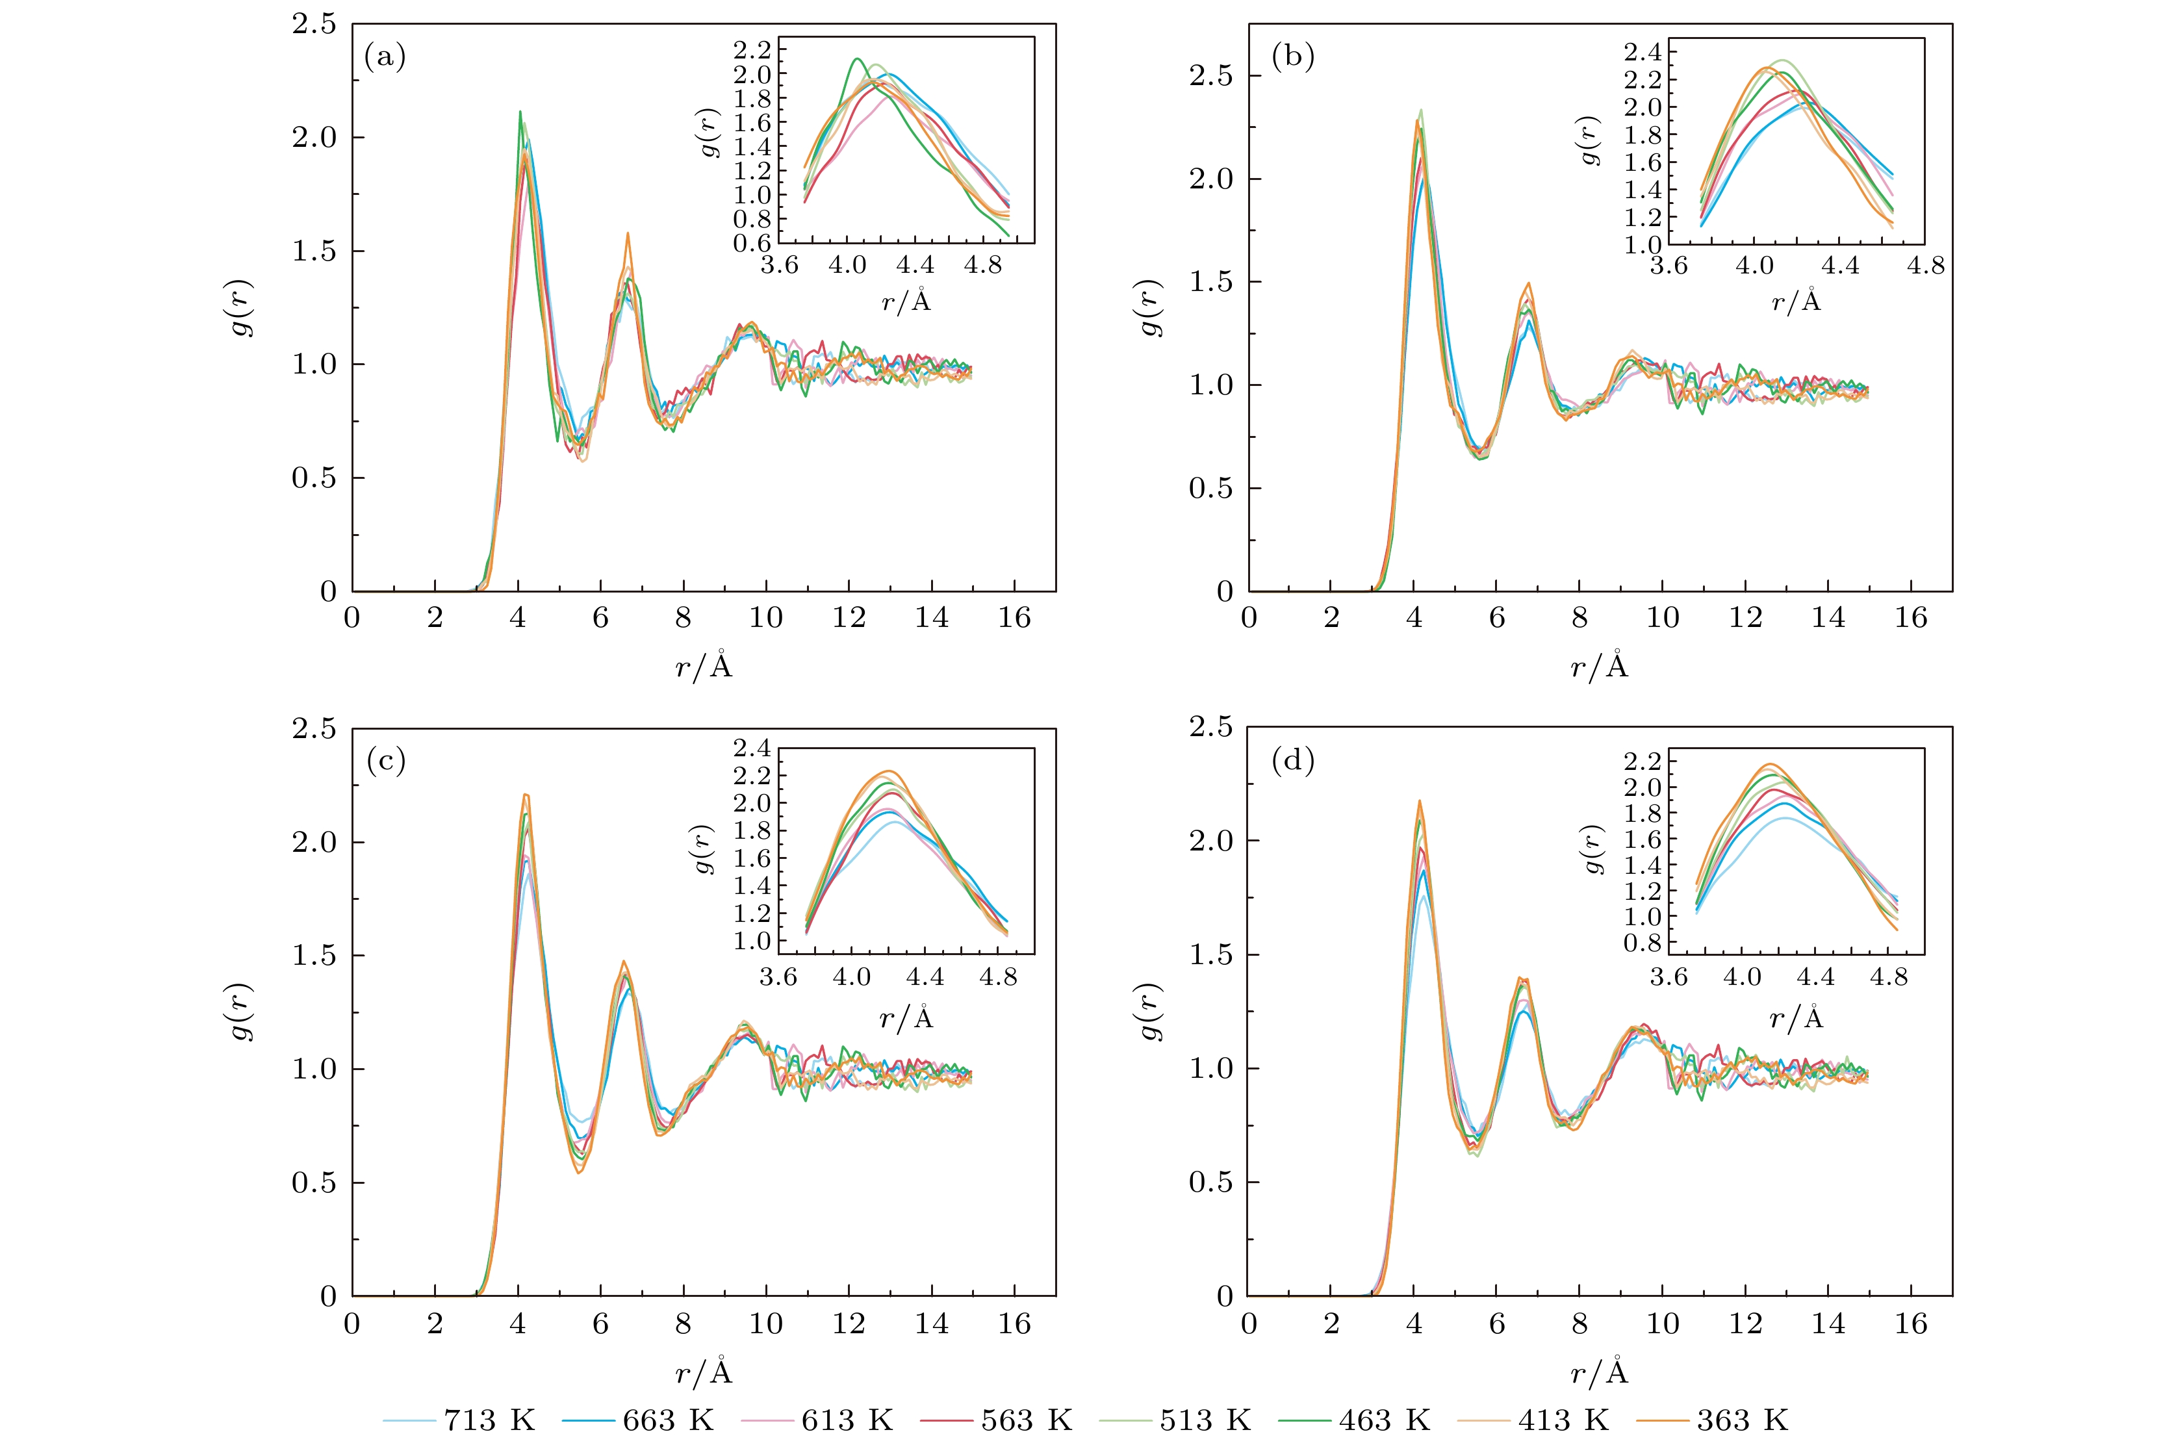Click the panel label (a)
point(385,57)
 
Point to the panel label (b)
point(1292,57)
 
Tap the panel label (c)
point(385,761)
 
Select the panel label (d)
point(1292,761)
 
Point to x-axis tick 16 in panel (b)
point(1910,617)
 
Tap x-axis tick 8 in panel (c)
point(683,1324)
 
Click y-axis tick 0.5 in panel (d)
point(1211,1183)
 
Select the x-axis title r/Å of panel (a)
point(703,665)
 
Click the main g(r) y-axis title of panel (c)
point(242,1012)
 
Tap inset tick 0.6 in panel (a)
point(752,243)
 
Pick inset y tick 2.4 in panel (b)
point(1643,51)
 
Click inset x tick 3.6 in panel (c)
point(779,977)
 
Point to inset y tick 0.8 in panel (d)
point(1643,943)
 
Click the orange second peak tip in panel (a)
point(628,233)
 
